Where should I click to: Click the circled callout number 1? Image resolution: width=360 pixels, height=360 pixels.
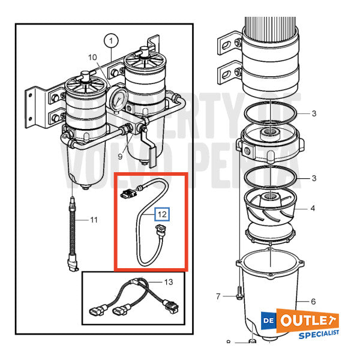[x=110, y=41]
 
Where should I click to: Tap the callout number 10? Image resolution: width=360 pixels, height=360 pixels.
[x=92, y=58]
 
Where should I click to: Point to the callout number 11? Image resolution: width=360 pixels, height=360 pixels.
[x=94, y=220]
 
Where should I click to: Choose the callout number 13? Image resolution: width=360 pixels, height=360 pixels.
[x=168, y=281]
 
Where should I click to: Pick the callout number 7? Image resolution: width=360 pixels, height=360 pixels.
[x=219, y=296]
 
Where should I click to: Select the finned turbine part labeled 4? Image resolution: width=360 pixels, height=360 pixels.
[x=271, y=210]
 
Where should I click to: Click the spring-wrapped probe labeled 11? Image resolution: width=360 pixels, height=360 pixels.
[x=74, y=235]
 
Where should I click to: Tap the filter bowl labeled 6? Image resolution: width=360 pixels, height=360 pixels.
[x=273, y=294]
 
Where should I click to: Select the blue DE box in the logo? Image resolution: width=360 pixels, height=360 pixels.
[x=269, y=320]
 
